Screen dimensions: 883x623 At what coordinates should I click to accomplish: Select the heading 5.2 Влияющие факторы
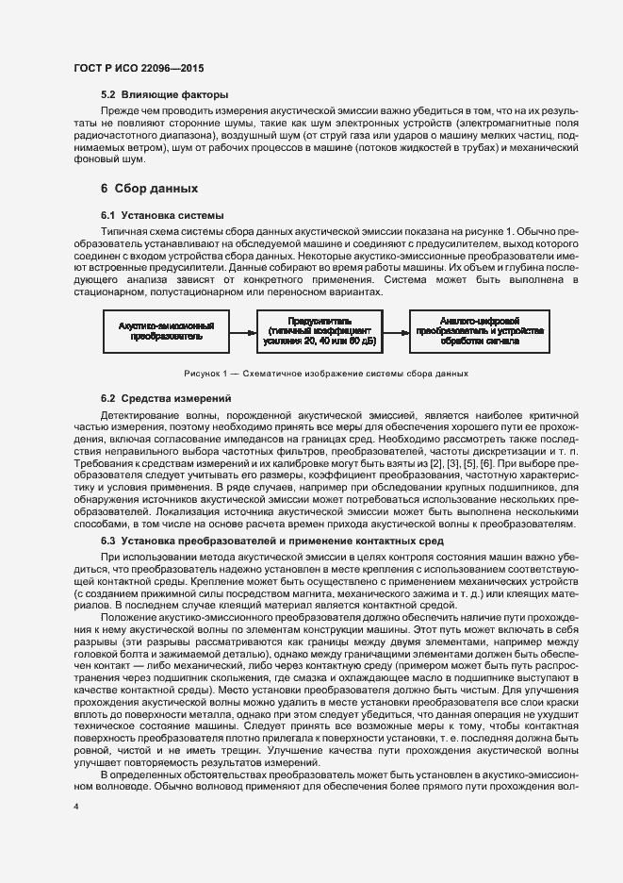pos(164,94)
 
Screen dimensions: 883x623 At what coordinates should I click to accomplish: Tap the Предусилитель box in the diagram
pos(319,331)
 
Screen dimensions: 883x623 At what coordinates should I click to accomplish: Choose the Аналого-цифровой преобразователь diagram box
pos(480,331)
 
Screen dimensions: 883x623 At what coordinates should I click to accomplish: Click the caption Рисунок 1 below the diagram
pos(326,375)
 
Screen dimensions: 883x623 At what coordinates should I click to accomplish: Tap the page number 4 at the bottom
pos(76,807)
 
